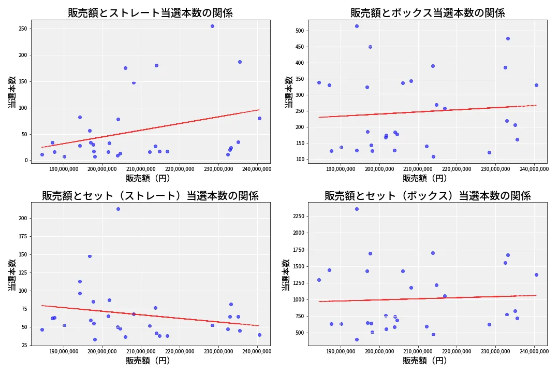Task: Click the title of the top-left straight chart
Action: (x=150, y=13)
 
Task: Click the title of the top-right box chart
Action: (x=428, y=13)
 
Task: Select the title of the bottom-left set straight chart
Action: (x=150, y=196)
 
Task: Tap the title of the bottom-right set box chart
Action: (x=428, y=196)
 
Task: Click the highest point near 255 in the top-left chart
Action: (x=212, y=26)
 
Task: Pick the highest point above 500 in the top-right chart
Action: (x=357, y=26)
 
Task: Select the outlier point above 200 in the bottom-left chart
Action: (x=118, y=209)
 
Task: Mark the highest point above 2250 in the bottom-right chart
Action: (x=357, y=209)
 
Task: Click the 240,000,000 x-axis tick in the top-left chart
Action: (x=257, y=168)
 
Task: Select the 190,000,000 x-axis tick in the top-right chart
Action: (x=341, y=168)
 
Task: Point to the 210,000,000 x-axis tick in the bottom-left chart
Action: (x=141, y=351)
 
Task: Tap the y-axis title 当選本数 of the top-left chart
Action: (x=11, y=92)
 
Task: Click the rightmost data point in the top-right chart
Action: (x=536, y=85)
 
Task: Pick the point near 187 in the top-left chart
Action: (x=240, y=62)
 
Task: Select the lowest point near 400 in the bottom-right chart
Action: (x=357, y=339)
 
